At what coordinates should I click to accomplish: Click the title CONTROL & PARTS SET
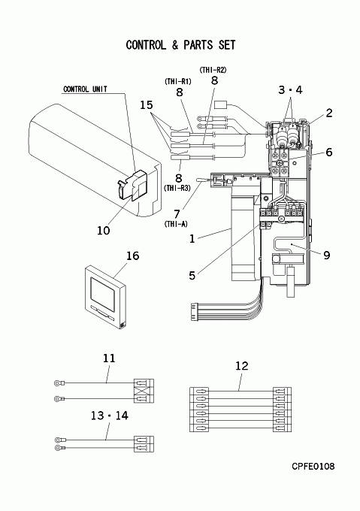(x=180, y=44)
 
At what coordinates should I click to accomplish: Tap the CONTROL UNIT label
(x=85, y=89)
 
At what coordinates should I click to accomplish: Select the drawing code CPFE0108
(x=313, y=467)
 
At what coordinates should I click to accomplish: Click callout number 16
(x=132, y=255)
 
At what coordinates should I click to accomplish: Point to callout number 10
(x=104, y=231)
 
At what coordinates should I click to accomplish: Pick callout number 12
(x=242, y=366)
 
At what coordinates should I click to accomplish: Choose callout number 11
(x=109, y=358)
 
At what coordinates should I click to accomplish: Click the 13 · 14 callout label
(x=110, y=416)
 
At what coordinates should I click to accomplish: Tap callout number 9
(x=327, y=255)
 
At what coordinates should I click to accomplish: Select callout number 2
(x=329, y=113)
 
